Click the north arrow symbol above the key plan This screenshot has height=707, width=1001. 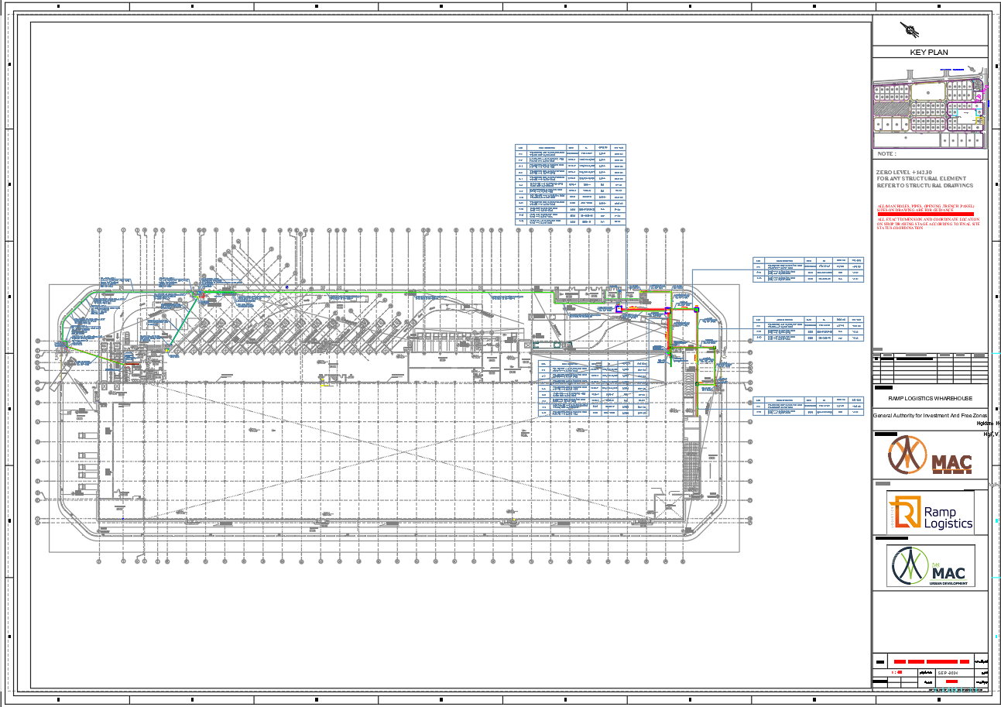[911, 31]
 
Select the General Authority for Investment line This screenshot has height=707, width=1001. [930, 416]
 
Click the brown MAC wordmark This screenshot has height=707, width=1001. [951, 464]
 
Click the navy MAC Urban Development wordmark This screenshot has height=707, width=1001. [949, 572]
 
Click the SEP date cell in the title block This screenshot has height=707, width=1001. [948, 673]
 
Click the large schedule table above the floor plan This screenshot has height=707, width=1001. [571, 185]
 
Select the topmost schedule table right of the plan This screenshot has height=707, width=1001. [808, 269]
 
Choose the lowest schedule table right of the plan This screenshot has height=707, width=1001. [808, 407]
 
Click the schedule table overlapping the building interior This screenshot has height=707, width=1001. [594, 389]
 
